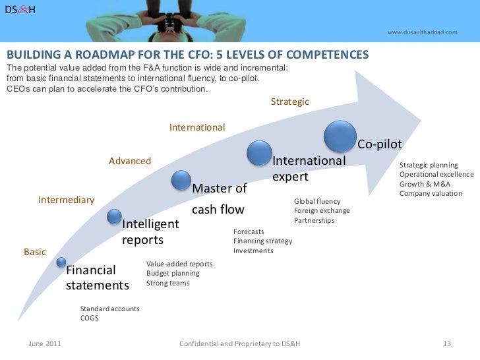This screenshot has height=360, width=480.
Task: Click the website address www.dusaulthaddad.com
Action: point(422,32)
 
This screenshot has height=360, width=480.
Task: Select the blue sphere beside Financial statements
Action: point(61,263)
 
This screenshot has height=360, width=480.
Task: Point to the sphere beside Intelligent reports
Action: point(114,216)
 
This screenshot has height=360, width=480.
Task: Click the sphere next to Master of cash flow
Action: point(181,179)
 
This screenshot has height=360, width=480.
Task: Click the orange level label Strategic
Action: point(289,102)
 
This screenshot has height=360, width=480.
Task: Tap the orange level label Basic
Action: point(35,252)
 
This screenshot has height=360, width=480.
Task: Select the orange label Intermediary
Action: point(66,199)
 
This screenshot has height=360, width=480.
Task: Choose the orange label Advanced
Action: point(130,161)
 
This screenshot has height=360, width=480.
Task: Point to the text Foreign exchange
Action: point(322,211)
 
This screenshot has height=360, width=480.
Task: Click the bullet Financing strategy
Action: point(263,241)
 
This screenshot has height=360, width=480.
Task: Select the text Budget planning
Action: point(172,273)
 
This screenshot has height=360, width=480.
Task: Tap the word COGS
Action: point(89,318)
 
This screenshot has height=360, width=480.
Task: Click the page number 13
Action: point(446,344)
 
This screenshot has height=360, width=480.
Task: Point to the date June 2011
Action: point(46,344)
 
